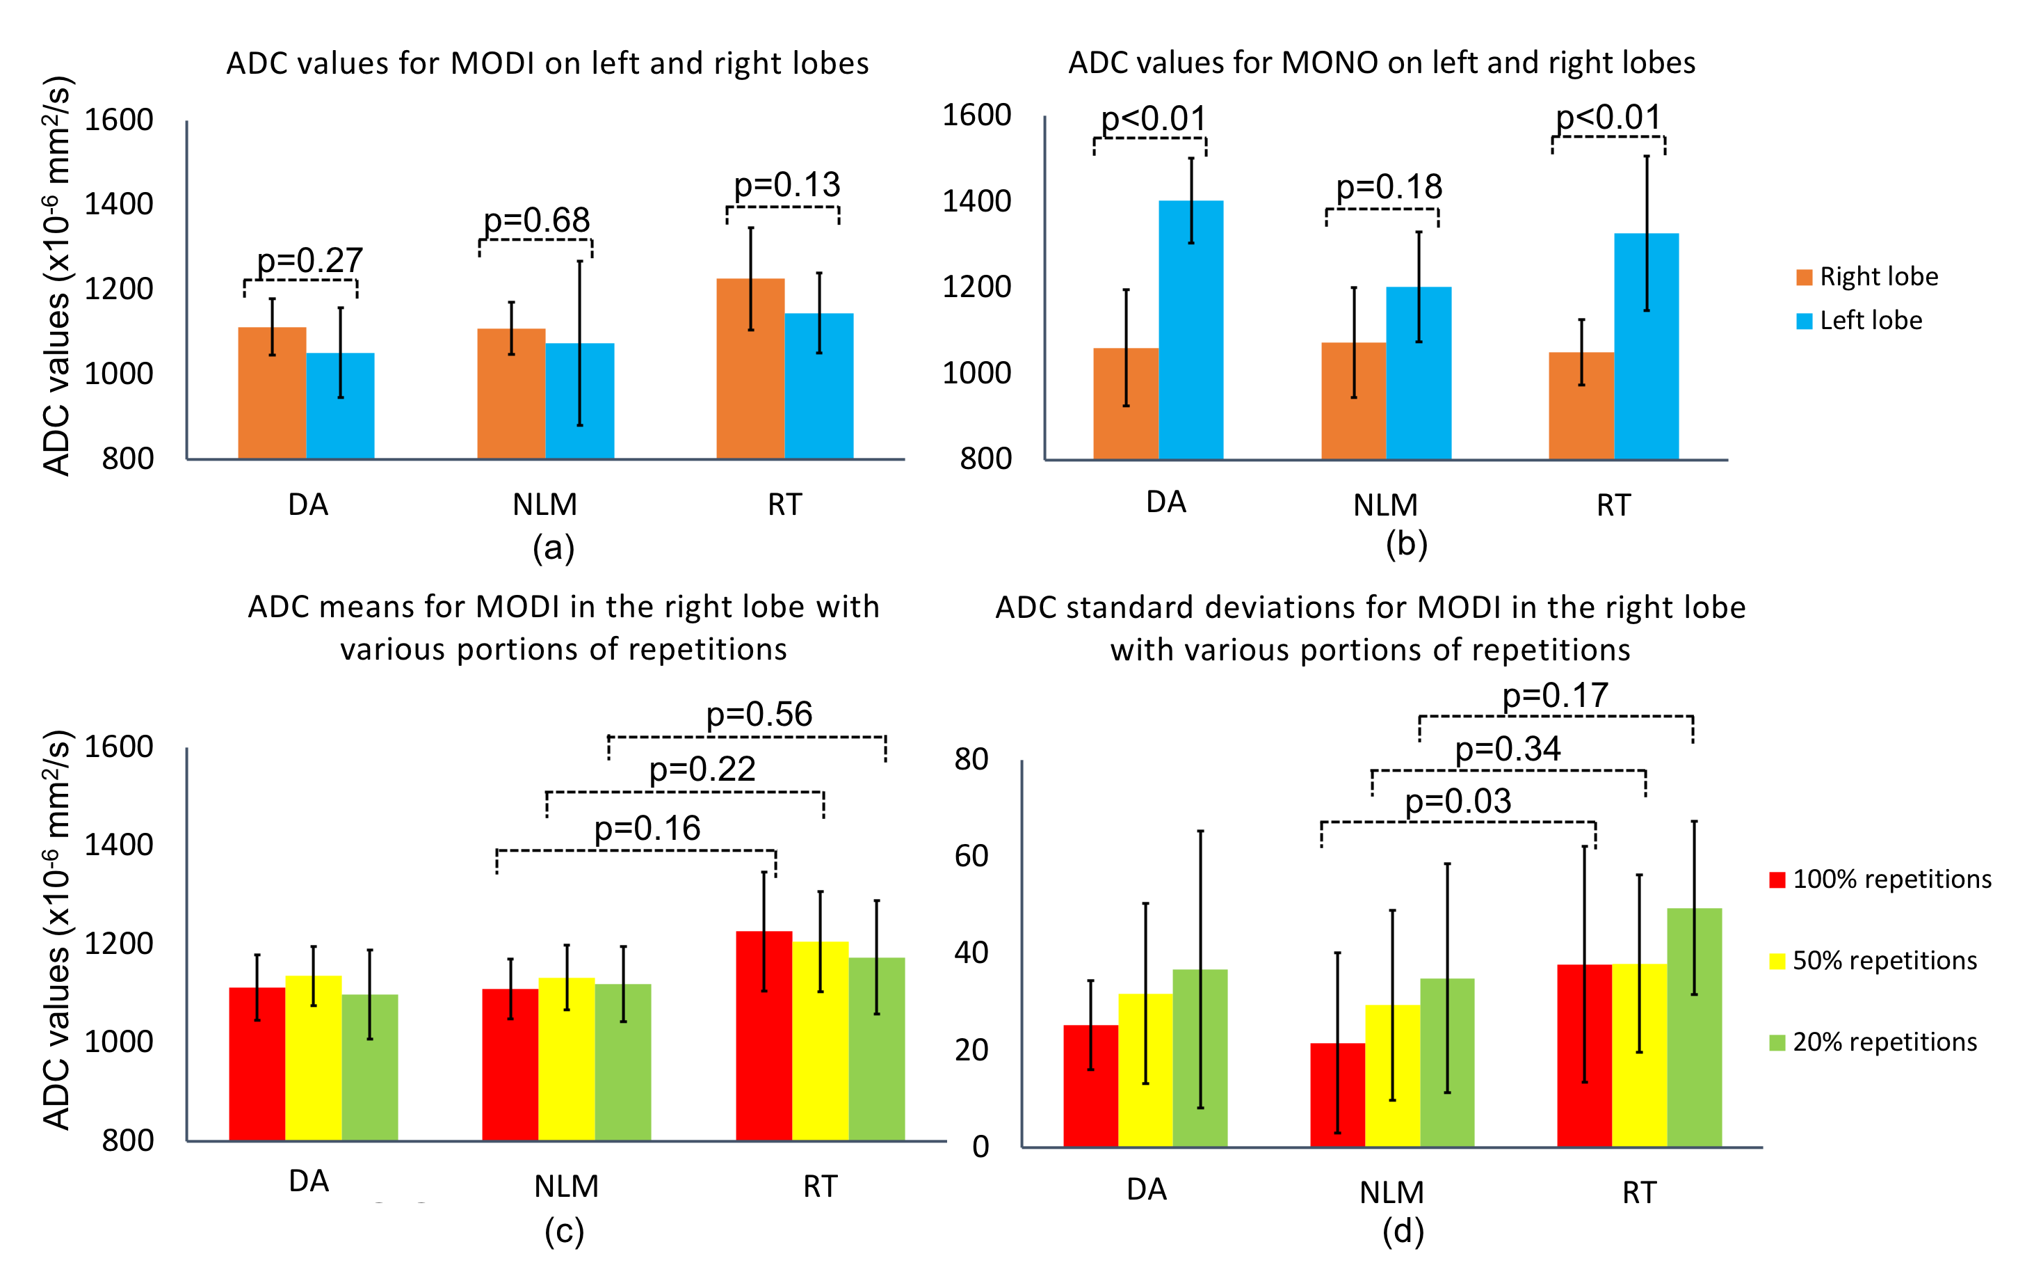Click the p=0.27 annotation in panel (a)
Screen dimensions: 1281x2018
pyautogui.click(x=309, y=261)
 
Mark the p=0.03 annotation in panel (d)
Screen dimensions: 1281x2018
pyautogui.click(x=1458, y=802)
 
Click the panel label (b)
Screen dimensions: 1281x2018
pyautogui.click(x=1406, y=543)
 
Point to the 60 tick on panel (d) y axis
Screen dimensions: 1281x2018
pyautogui.click(x=971, y=856)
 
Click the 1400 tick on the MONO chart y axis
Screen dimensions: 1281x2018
pyautogui.click(x=976, y=201)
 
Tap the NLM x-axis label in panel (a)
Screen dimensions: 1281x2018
pyautogui.click(x=544, y=504)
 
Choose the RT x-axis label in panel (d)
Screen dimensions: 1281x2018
pyautogui.click(x=1639, y=1192)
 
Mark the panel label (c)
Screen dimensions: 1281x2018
pyautogui.click(x=564, y=1231)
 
